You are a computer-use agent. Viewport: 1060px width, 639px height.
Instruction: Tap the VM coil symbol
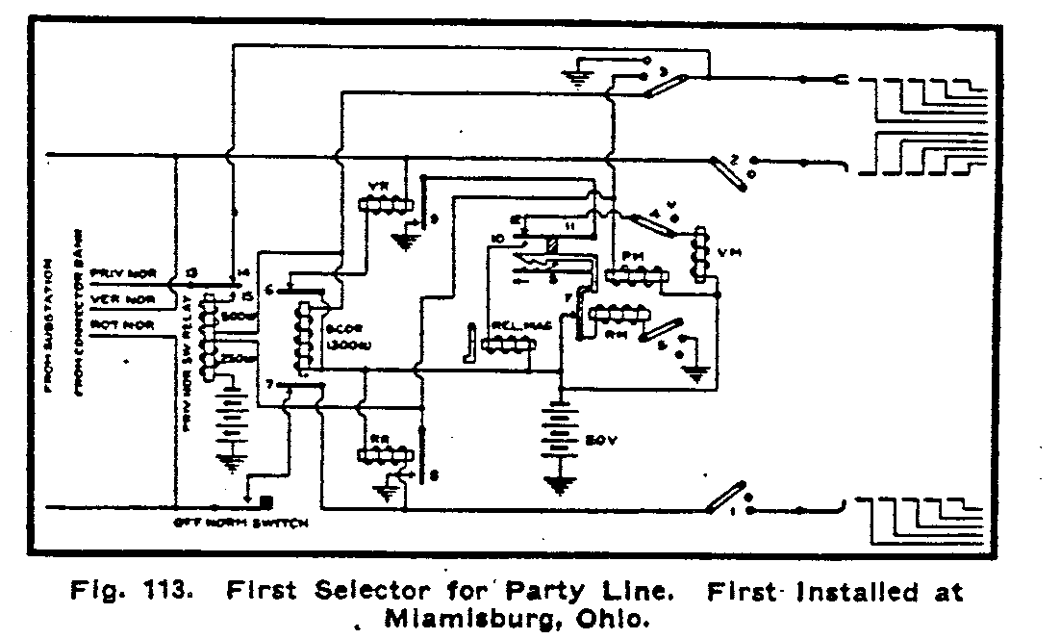click(x=702, y=254)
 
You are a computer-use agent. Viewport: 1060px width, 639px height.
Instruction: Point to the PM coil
click(x=636, y=278)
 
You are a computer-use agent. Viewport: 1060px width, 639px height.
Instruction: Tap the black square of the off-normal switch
click(x=266, y=501)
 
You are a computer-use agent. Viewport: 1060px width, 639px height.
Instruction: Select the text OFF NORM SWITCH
click(x=241, y=524)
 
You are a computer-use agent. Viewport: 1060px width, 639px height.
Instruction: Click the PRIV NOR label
click(x=125, y=272)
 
